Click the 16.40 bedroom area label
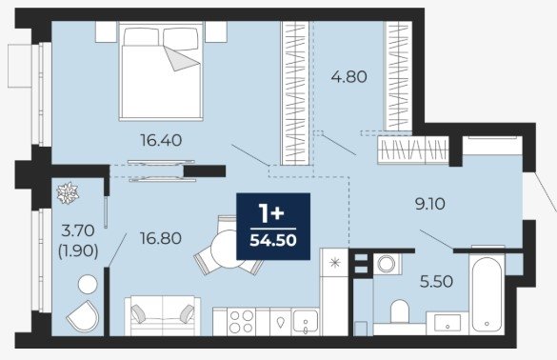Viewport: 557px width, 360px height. [161, 140]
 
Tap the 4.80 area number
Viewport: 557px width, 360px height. [348, 77]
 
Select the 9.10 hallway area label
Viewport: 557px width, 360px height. [430, 205]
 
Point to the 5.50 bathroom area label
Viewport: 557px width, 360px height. [436, 282]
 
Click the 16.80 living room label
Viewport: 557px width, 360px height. [161, 238]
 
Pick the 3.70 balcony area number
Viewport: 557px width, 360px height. [78, 231]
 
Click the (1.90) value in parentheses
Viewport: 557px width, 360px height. [78, 251]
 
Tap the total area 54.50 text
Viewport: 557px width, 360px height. [273, 241]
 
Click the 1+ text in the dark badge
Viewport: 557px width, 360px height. [271, 213]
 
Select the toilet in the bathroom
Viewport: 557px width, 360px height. [400, 311]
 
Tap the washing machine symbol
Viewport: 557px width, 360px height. [387, 264]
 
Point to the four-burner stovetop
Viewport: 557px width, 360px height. [241, 322]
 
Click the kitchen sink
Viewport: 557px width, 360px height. [305, 322]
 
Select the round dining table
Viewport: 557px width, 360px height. [228, 249]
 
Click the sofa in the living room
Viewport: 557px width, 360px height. [163, 315]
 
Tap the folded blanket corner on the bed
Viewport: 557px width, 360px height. [181, 58]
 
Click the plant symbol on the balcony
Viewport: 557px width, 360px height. [68, 193]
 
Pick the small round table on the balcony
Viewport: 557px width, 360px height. [88, 285]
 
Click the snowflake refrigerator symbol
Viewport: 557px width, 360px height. [334, 263]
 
